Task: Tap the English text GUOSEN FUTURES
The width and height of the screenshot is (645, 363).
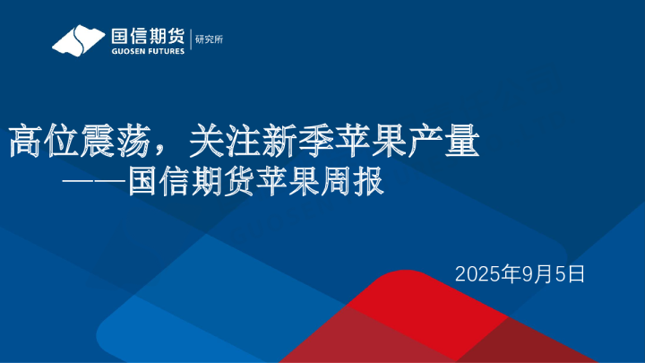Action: [x=147, y=51]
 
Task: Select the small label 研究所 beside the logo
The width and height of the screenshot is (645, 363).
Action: [x=209, y=40]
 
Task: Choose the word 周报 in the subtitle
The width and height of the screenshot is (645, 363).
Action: [x=352, y=182]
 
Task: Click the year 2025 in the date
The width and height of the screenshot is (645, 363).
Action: [x=477, y=273]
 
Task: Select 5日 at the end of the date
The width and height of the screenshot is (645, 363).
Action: [x=571, y=273]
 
